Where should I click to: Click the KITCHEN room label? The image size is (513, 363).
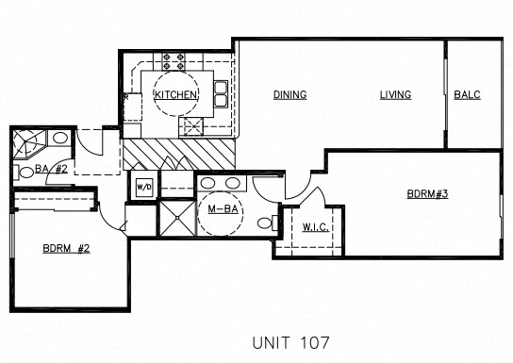click(175, 95)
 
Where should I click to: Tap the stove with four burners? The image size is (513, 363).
click(173, 62)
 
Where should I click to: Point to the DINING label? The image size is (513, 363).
click(290, 95)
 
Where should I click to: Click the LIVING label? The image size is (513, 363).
click(396, 95)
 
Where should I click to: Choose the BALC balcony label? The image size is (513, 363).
click(469, 95)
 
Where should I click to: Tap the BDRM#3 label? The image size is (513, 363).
click(425, 194)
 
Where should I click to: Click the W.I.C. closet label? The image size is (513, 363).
click(315, 226)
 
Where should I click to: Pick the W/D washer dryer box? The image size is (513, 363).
click(144, 186)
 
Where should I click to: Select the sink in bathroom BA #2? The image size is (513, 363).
click(60, 139)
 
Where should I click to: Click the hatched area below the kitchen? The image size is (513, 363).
click(179, 153)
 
